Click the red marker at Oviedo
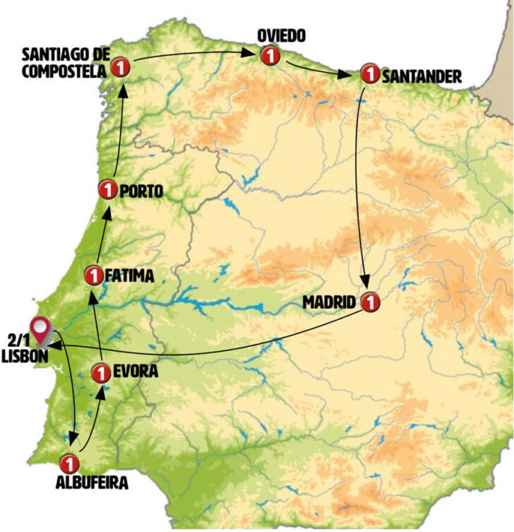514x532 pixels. point(268,54)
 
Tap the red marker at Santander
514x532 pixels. point(369,73)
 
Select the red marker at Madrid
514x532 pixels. point(369,302)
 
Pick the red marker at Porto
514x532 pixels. point(107,190)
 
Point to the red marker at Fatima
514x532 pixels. point(92,274)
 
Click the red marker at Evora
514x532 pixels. point(101,371)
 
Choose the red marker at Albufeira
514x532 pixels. point(69,463)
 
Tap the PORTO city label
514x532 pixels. point(141,191)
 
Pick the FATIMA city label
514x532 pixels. point(128,275)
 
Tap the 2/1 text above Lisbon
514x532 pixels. point(20,341)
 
